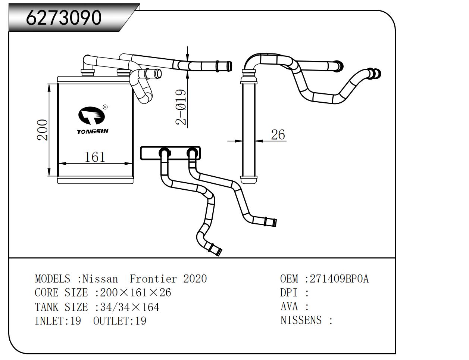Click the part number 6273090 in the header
64,18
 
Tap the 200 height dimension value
43,130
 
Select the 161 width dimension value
95,157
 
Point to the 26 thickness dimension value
278,134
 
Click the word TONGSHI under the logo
93,131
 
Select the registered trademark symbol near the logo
105,107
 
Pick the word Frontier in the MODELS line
153,279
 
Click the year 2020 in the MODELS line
195,279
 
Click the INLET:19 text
58,321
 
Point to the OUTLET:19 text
120,321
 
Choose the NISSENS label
301,320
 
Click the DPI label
289,292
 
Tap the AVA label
289,307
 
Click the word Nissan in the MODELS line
100,279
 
